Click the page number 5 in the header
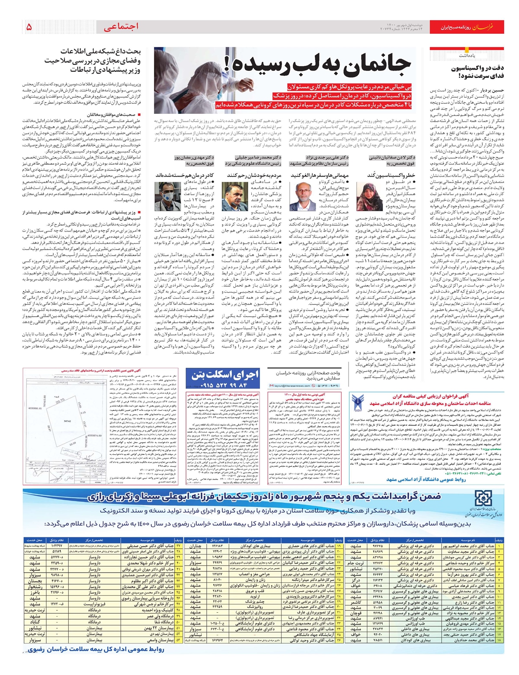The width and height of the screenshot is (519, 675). click(x=29, y=27)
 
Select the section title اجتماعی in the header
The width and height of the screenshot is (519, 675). click(x=122, y=27)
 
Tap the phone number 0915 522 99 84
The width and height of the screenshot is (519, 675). click(x=225, y=385)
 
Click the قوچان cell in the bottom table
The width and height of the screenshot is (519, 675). click(x=356, y=613)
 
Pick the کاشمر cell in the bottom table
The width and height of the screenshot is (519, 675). click(x=356, y=602)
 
